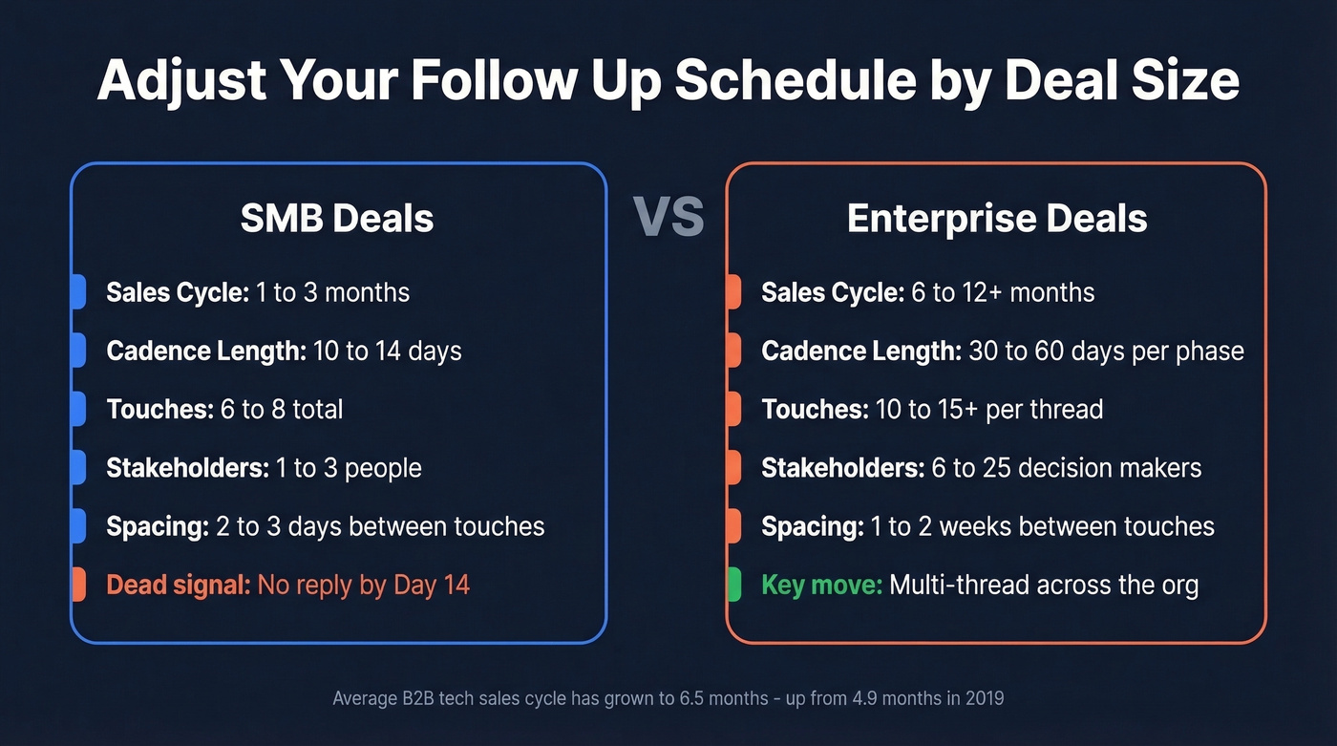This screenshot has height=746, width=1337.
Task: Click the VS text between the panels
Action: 668,218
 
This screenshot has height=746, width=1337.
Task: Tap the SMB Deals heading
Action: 337,219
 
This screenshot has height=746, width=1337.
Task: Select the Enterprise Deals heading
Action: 996,219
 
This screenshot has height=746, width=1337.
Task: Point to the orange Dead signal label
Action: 179,585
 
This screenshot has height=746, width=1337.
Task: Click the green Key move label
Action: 821,585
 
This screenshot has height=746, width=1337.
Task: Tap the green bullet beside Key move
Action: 733,585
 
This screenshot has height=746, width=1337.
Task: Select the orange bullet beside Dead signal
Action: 78,585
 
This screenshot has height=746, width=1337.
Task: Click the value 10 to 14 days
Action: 388,352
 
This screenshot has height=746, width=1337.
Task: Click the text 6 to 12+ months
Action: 1004,292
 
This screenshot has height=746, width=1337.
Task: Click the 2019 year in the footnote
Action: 983,698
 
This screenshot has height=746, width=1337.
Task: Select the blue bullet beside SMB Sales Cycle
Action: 78,292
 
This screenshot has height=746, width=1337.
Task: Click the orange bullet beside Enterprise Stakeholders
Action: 733,468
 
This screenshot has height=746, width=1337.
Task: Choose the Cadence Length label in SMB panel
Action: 206,352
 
